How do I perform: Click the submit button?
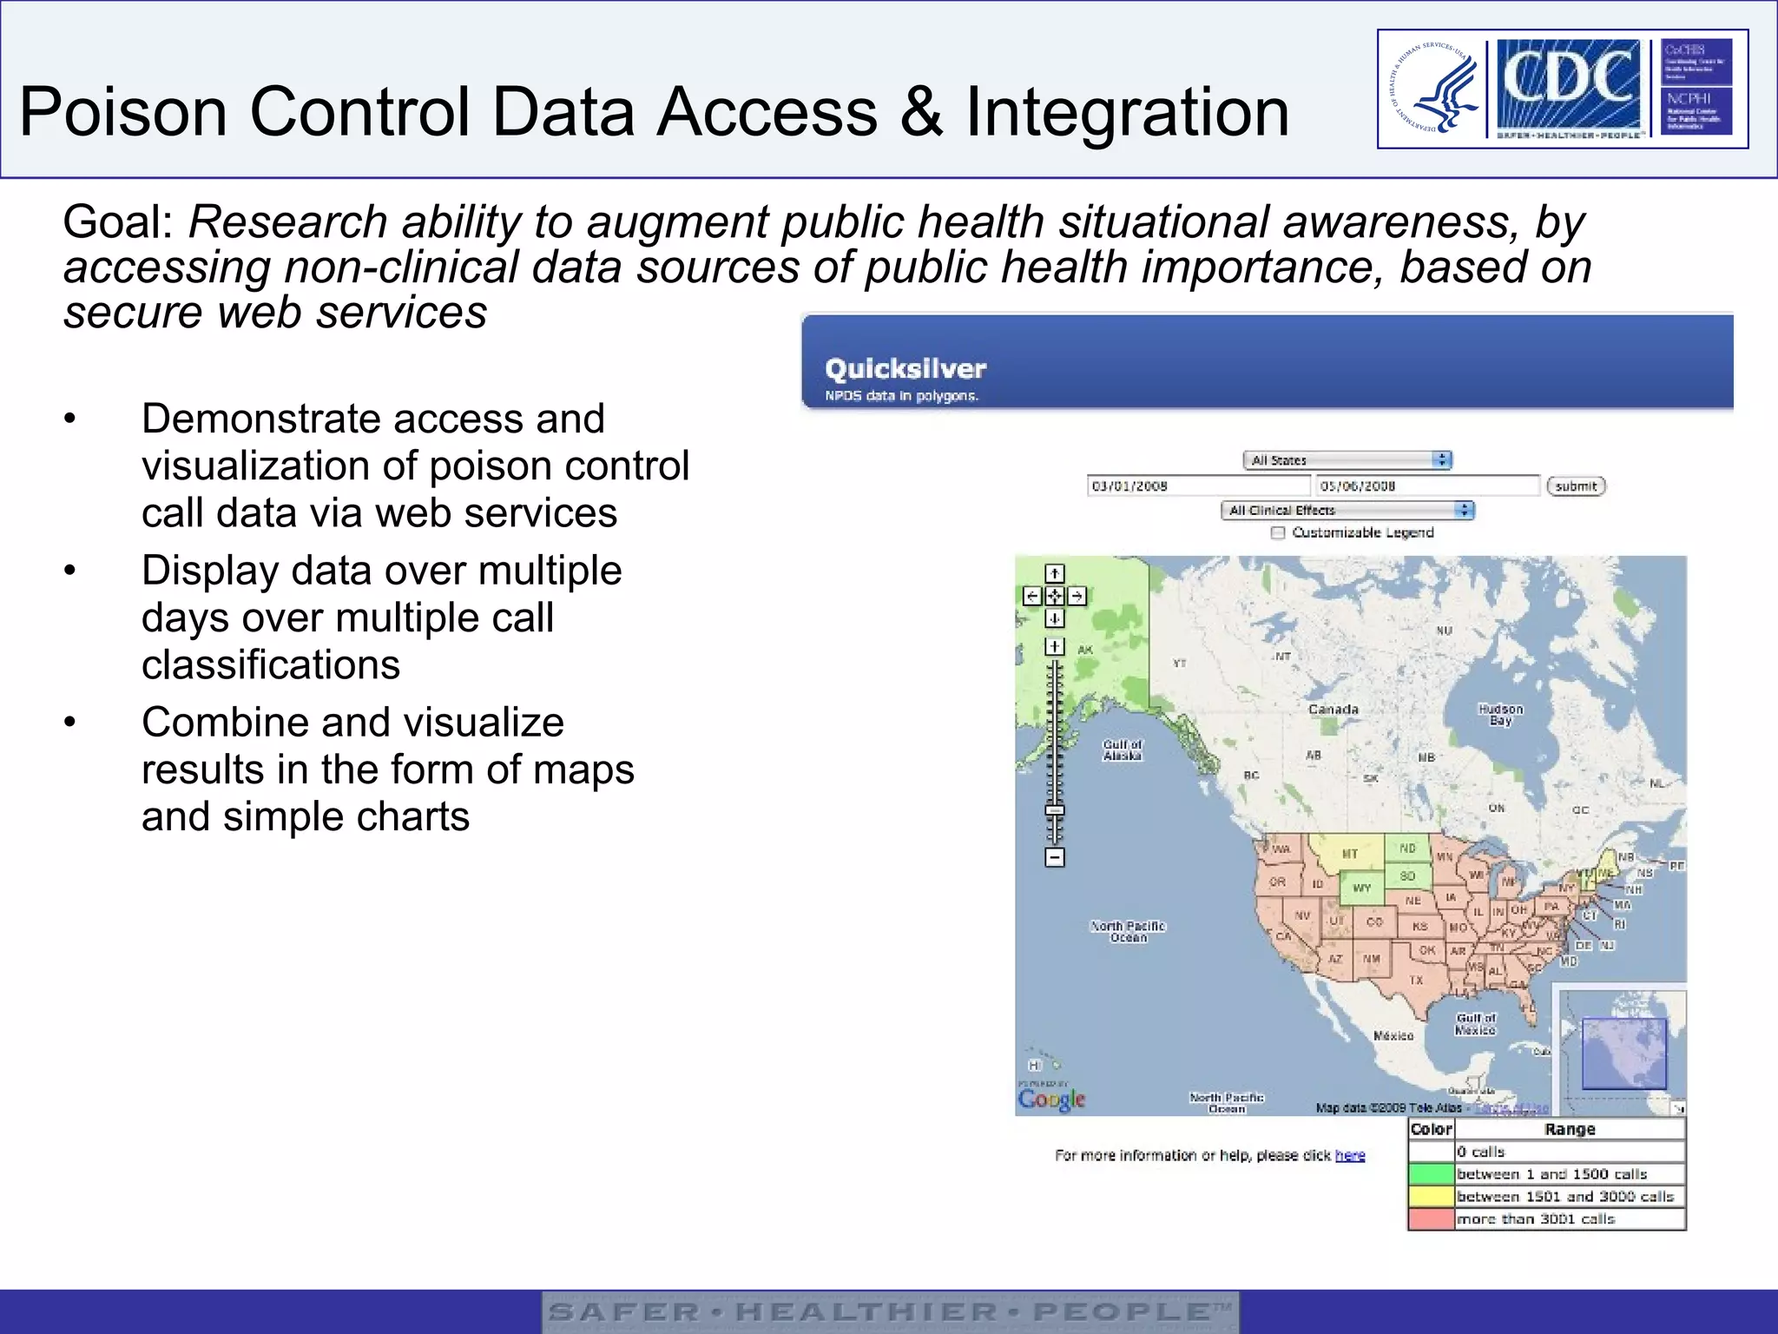(x=1576, y=486)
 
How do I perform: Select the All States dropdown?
(x=1347, y=460)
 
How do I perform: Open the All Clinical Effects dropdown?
(x=1347, y=511)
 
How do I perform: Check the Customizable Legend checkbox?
(x=1278, y=533)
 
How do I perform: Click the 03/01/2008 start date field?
(x=1197, y=486)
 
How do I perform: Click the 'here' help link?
(x=1350, y=1155)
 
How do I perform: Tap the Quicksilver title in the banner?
(x=905, y=369)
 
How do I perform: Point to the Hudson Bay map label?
(x=1501, y=715)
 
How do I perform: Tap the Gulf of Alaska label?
(x=1123, y=750)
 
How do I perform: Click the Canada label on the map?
(x=1333, y=710)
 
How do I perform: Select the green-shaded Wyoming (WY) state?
(x=1362, y=888)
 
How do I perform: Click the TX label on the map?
(x=1416, y=981)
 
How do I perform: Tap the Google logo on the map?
(x=1051, y=1100)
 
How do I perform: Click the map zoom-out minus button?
(x=1055, y=858)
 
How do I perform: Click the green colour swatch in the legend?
(x=1431, y=1174)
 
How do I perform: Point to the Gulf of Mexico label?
(x=1476, y=1024)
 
